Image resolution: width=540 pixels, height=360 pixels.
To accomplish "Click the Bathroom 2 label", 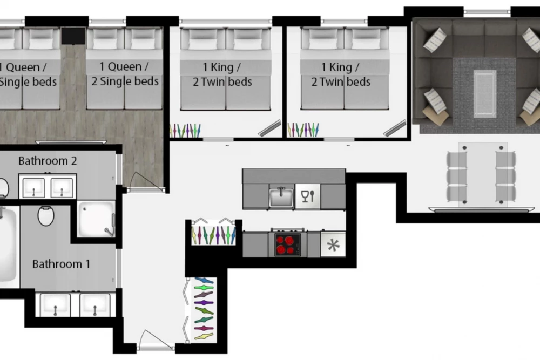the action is tap(48, 161).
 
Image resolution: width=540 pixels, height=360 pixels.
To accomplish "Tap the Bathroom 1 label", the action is tap(62, 264).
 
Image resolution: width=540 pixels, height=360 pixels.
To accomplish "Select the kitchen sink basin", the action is tap(281, 198).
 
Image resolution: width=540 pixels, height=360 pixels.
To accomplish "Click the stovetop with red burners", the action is tap(287, 244).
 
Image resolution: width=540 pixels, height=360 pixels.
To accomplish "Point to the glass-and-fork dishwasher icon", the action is tap(308, 196).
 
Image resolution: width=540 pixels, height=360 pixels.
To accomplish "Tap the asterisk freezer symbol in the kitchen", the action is tap(333, 244).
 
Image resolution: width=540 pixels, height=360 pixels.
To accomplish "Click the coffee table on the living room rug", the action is tap(485, 93).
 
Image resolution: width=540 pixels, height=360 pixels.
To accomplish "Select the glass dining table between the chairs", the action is tap(482, 174).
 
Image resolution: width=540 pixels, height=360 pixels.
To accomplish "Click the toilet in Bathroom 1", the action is tap(46, 216).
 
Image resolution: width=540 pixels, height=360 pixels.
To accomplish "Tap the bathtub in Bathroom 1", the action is tap(8, 243).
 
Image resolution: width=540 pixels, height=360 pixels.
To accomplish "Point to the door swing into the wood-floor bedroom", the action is tap(144, 181).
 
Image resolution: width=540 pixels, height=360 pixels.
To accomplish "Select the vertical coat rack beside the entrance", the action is tap(201, 309).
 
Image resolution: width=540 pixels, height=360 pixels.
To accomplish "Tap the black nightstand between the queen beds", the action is tap(73, 36).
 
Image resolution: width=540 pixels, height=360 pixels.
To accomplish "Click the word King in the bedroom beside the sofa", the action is tap(340, 67).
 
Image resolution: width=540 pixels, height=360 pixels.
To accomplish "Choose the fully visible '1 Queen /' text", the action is tap(124, 66).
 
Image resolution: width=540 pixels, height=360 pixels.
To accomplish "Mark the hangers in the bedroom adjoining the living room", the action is tap(303, 130).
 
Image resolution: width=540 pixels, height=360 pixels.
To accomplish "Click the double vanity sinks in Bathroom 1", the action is tap(76, 304).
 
